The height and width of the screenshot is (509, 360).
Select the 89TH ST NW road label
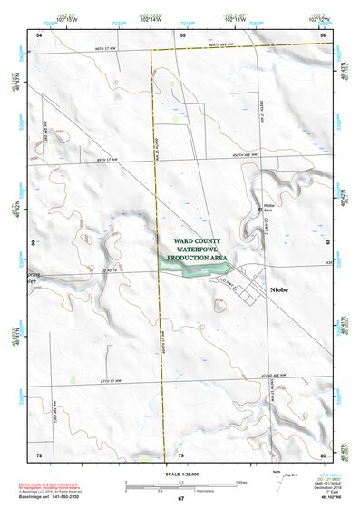click(107, 161)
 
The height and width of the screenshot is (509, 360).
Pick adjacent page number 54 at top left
click(38, 34)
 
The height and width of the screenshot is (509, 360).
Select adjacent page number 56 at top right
click(323, 34)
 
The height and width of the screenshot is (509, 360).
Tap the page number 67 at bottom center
click(180, 499)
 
